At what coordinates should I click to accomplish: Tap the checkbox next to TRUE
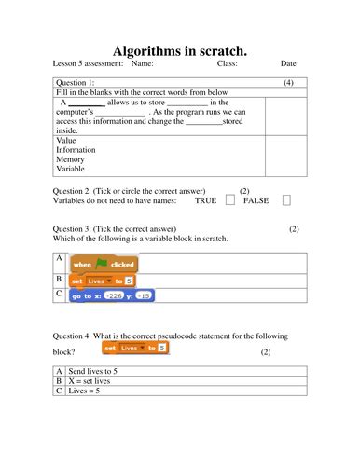click(x=230, y=199)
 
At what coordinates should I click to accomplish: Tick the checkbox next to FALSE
click(x=286, y=199)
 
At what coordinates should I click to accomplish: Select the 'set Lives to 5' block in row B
click(x=103, y=280)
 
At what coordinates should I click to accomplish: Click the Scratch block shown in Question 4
click(x=135, y=348)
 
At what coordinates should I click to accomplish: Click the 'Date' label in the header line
click(x=288, y=64)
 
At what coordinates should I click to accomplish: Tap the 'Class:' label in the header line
click(x=227, y=64)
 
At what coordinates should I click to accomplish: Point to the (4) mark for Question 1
click(x=289, y=83)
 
